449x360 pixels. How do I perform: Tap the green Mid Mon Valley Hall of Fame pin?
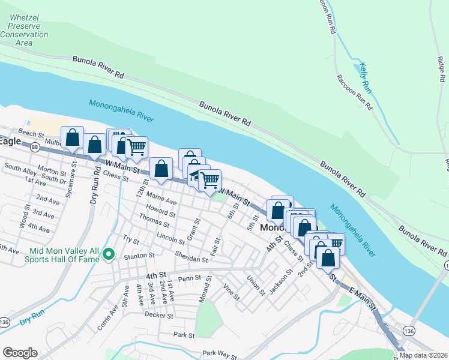(109, 255)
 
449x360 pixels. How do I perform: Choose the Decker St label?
(158, 314)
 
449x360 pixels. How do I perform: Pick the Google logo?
(20, 353)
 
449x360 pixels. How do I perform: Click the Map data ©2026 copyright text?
(423, 355)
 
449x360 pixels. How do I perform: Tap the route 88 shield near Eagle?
(35, 147)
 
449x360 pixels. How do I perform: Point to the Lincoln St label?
(170, 238)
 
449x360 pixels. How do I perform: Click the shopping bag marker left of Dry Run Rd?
(72, 138)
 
